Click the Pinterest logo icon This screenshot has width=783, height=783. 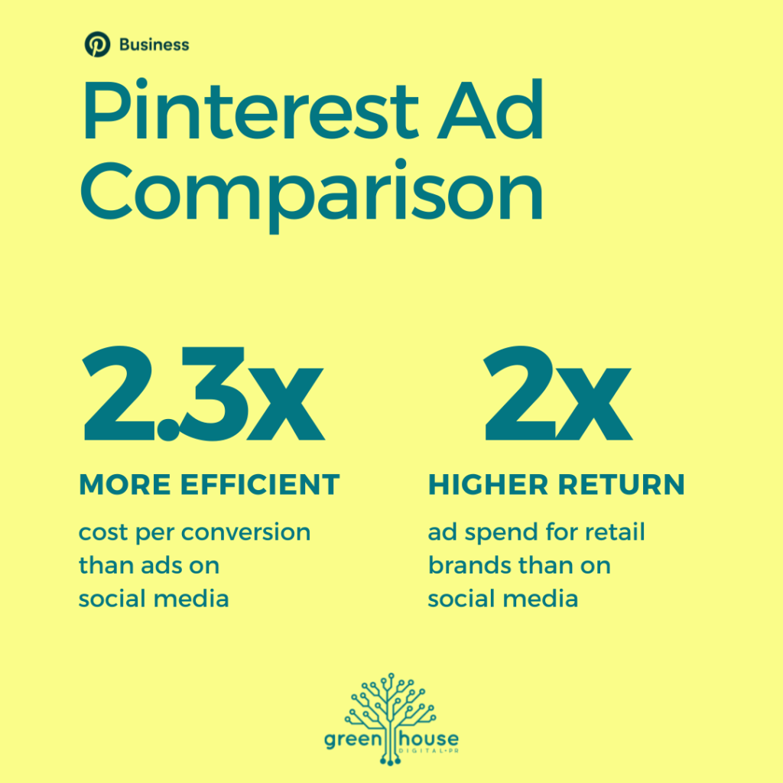tap(97, 44)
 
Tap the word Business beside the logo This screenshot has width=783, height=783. tap(154, 45)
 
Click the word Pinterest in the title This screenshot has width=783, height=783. tap(250, 110)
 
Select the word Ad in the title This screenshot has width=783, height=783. tap(490, 110)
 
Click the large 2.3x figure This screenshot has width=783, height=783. tap(204, 394)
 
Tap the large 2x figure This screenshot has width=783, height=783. tap(558, 394)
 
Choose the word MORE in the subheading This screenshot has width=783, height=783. tap(125, 484)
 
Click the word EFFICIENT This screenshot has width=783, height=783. tap(260, 484)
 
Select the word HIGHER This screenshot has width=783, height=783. tap(488, 484)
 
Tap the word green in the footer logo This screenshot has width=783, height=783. tap(353, 740)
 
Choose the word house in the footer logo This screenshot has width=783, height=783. tap(428, 739)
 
